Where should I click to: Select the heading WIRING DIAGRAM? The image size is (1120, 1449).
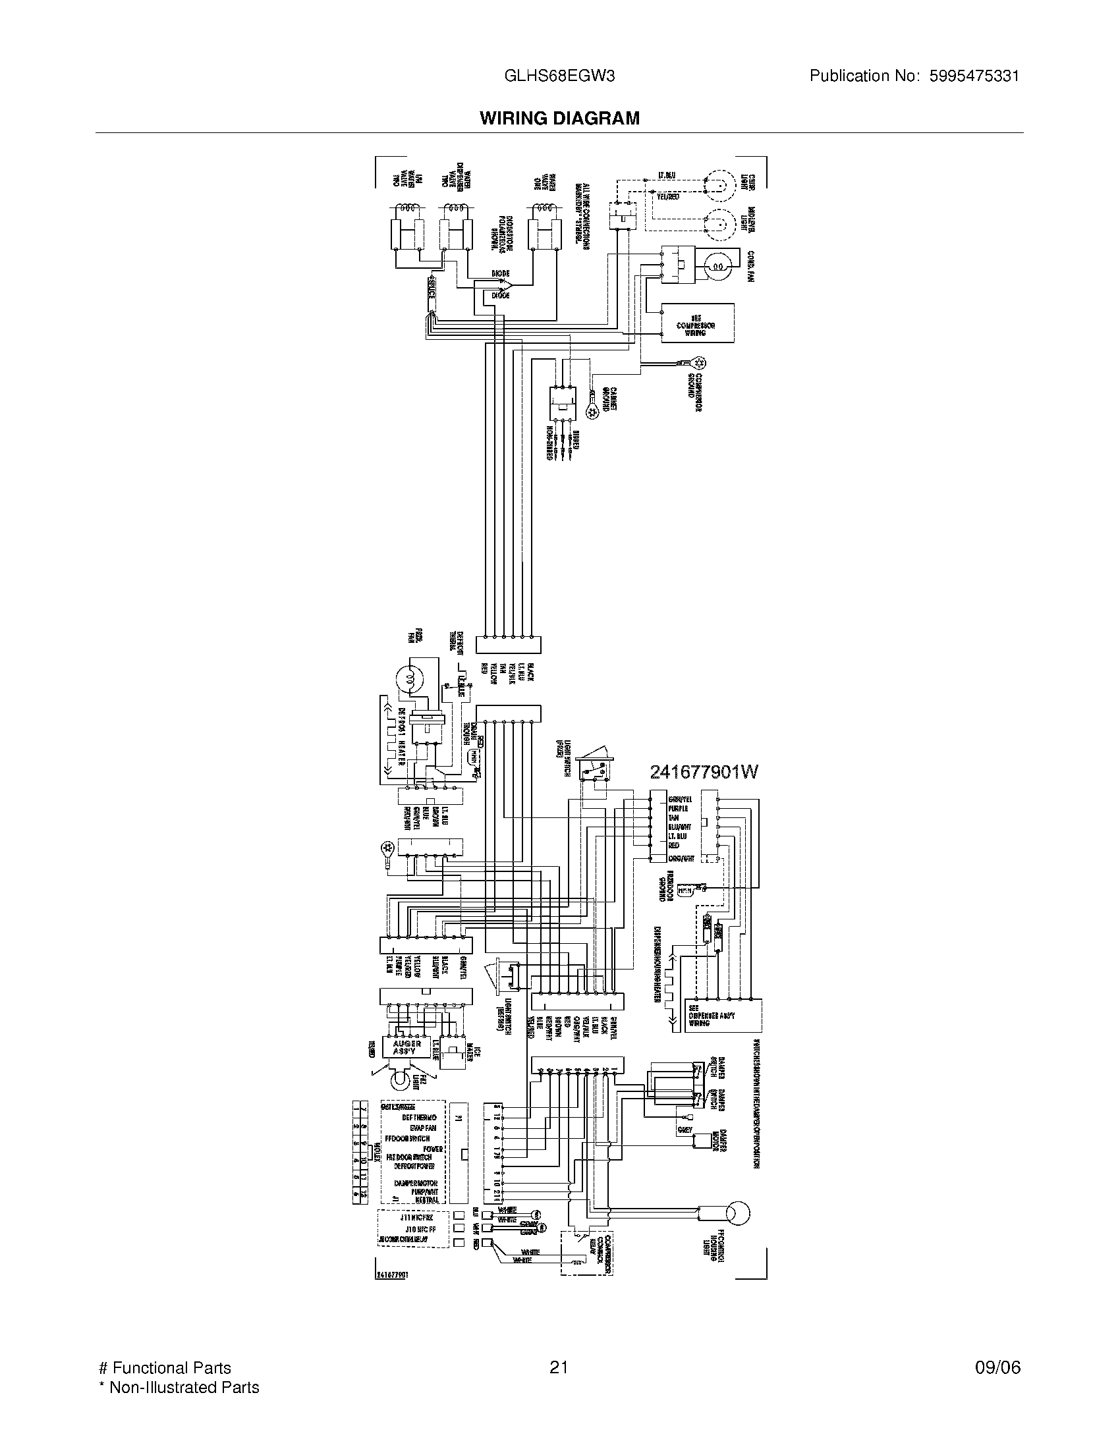pos(559,118)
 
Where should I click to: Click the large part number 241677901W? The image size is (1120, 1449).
pos(704,772)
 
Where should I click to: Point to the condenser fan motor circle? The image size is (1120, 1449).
pos(718,267)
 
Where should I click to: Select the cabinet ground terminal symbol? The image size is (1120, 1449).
pos(593,412)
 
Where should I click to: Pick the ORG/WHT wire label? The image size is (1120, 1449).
pos(681,859)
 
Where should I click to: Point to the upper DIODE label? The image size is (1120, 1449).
pos(501,273)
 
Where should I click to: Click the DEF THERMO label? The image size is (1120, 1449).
pos(418,1118)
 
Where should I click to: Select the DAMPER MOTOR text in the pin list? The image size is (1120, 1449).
pos(415,1183)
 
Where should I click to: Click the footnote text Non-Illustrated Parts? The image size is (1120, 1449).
pos(184,1386)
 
